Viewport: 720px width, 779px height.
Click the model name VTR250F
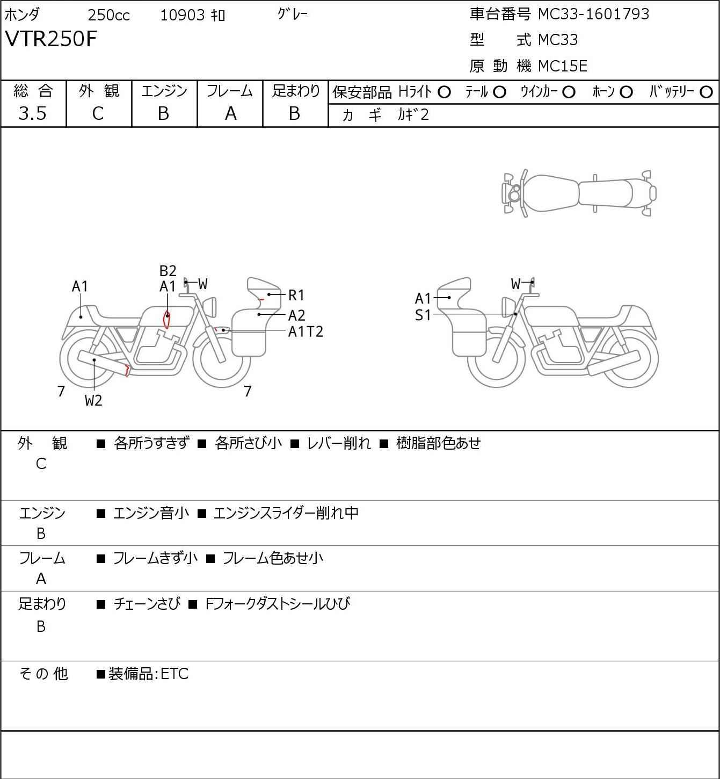(51, 39)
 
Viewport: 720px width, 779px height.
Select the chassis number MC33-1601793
(593, 14)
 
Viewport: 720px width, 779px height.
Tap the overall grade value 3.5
(33, 113)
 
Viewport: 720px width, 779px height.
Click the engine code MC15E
(563, 66)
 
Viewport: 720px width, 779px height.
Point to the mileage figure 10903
(183, 15)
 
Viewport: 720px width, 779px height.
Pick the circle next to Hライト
(444, 92)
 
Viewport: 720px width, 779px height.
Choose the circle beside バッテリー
(707, 92)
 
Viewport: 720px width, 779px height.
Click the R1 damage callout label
(296, 295)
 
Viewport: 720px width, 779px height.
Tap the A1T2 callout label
(306, 331)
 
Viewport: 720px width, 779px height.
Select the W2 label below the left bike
(93, 400)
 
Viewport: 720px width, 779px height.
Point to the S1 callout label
(423, 315)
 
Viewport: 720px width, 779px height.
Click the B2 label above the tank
(168, 271)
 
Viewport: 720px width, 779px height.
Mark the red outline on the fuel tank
(166, 319)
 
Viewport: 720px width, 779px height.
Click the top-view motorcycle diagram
(579, 193)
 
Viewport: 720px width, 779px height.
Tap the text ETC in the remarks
(174, 674)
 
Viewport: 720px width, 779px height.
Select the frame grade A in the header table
(230, 113)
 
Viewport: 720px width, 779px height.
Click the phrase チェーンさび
(147, 604)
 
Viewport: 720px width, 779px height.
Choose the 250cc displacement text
(108, 15)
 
